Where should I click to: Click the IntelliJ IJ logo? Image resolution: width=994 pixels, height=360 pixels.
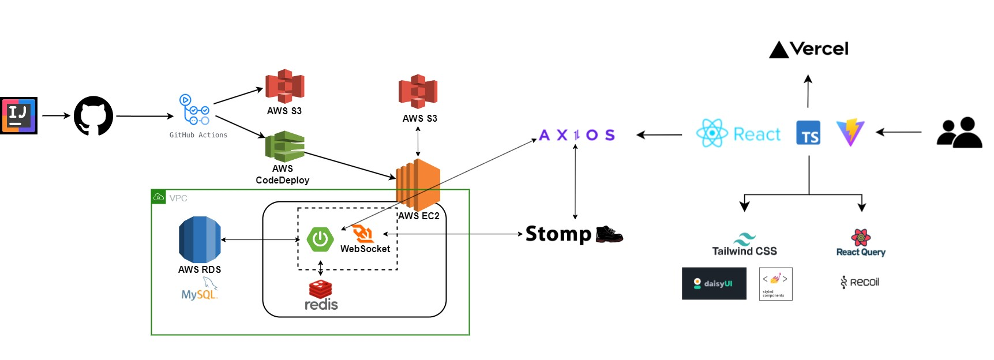(18, 115)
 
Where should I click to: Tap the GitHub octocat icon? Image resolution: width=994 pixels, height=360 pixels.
(93, 115)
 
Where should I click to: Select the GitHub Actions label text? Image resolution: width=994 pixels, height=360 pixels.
(198, 135)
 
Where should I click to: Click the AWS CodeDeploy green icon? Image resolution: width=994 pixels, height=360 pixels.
(284, 147)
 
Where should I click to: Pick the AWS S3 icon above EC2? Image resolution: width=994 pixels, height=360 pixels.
(418, 92)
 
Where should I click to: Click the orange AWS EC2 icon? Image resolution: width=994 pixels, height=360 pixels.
(418, 185)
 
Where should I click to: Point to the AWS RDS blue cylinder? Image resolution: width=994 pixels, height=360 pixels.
(200, 240)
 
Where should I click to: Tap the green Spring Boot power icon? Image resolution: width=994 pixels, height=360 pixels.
(320, 239)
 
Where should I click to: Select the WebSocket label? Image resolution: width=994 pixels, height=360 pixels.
(365, 249)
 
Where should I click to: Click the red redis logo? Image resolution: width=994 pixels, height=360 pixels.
(321, 295)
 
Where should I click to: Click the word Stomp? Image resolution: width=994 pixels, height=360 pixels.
(558, 234)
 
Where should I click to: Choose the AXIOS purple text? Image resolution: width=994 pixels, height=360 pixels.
(576, 135)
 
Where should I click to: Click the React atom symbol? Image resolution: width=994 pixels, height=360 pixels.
(712, 133)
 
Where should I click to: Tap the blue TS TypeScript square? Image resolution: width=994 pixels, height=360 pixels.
(808, 133)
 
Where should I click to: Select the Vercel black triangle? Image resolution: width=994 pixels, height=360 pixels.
(779, 50)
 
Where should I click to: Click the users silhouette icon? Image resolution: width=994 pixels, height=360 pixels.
(959, 133)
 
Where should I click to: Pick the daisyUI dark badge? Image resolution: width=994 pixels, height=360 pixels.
(714, 283)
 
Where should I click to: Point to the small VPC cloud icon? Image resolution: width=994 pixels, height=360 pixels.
(159, 197)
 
